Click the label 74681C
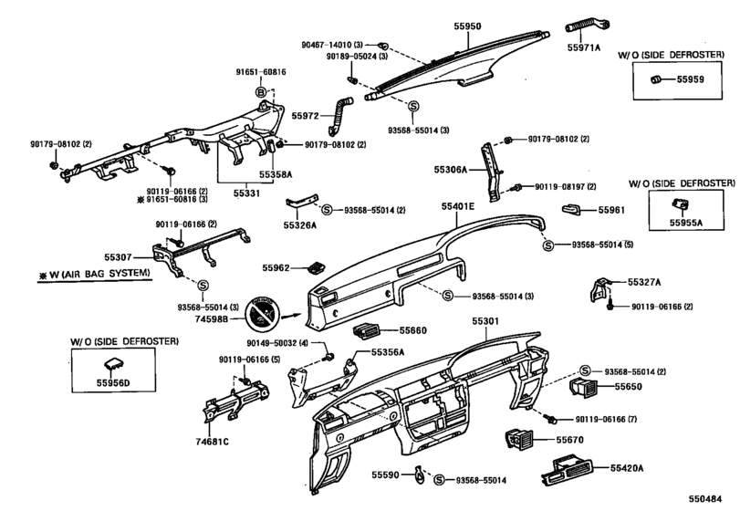click(x=212, y=442)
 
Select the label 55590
click(x=386, y=475)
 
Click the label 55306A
click(x=450, y=170)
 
